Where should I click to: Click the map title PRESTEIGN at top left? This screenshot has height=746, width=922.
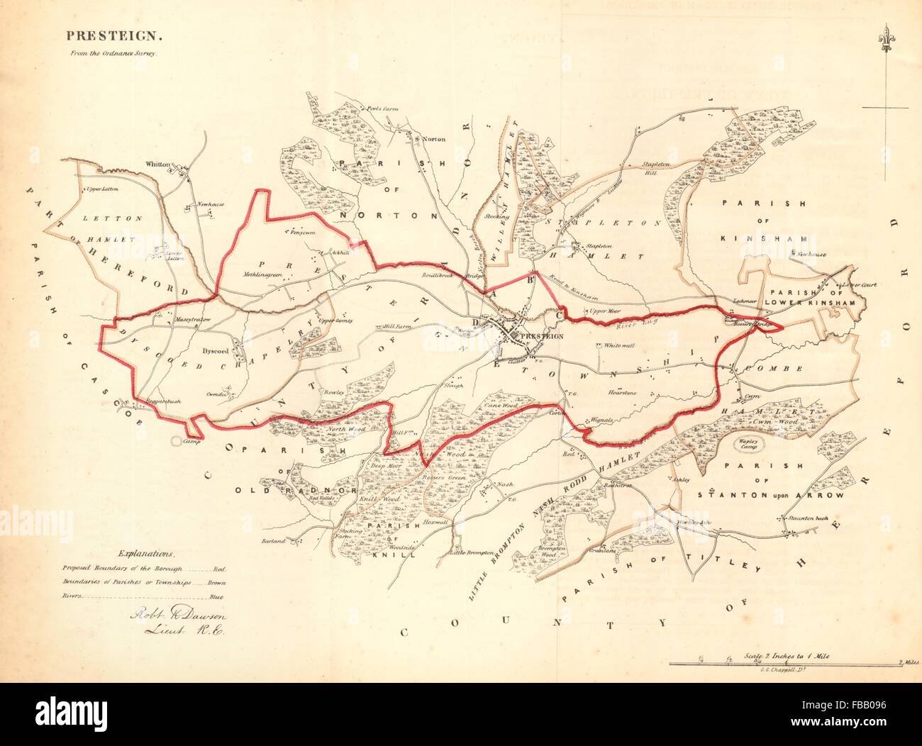(x=94, y=34)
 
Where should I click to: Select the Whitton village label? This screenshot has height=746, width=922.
(x=157, y=164)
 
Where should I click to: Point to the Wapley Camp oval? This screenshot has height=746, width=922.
(x=750, y=448)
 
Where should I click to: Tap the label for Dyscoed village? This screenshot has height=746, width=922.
(x=213, y=350)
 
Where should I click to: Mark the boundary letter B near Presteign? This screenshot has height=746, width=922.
(x=528, y=279)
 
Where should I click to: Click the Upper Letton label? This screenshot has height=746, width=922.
(x=100, y=189)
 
